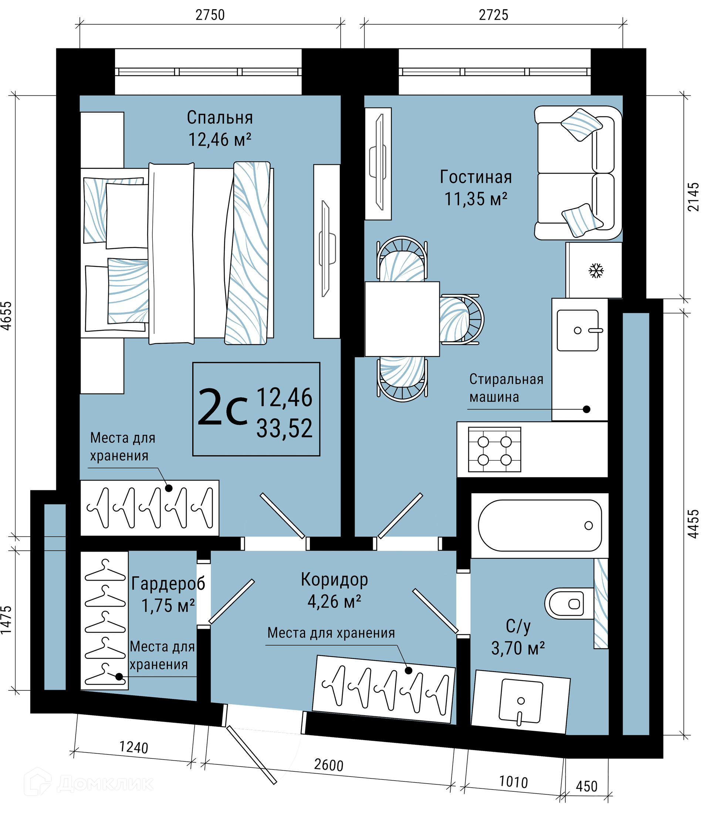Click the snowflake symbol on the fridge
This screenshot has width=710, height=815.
[596, 271]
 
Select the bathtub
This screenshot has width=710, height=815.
[540, 526]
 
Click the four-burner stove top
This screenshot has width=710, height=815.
[494, 450]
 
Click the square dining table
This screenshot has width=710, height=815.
[402, 319]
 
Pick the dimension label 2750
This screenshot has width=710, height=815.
[210, 15]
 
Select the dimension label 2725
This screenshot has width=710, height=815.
[493, 15]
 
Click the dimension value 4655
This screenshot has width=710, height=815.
[7, 316]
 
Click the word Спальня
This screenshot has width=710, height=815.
[220, 117]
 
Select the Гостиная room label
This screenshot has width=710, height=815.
[476, 177]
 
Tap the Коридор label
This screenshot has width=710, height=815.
[334, 580]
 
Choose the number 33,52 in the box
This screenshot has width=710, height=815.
[284, 428]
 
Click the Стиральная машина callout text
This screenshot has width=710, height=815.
[506, 388]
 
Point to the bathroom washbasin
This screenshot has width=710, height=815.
[521, 703]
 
